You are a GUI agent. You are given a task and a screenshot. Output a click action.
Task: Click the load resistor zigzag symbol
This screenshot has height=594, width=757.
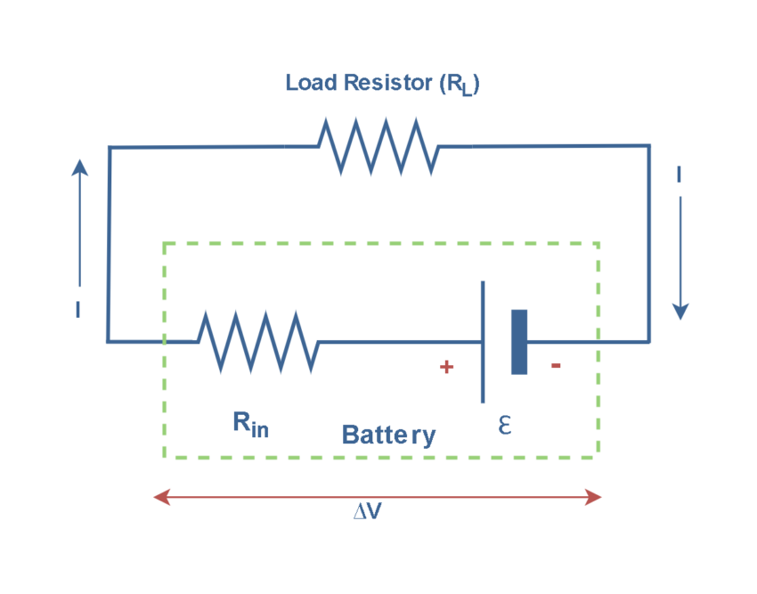tap(378, 146)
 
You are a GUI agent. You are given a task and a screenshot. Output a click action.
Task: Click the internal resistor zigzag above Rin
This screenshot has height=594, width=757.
tap(257, 341)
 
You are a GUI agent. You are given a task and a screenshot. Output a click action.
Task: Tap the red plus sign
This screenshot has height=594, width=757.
tap(447, 367)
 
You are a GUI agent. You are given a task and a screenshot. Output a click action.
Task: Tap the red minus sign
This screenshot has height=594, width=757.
tap(556, 365)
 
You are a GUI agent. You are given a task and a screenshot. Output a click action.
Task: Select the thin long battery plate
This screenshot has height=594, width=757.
tap(483, 341)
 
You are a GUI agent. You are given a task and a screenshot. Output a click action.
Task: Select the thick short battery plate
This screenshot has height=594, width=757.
tap(519, 341)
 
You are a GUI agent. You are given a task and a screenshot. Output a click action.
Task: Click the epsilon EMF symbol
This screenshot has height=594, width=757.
tap(504, 426)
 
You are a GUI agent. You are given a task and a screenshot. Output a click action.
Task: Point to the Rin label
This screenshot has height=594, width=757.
tap(250, 424)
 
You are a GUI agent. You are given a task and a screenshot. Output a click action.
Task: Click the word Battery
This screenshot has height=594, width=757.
tap(389, 435)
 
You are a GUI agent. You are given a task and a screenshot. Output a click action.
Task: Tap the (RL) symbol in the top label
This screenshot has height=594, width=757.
tap(459, 85)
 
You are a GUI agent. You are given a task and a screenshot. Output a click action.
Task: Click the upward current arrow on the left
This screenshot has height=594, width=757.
tap(80, 223)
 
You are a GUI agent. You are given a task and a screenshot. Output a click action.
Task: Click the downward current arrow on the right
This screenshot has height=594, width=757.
tap(680, 258)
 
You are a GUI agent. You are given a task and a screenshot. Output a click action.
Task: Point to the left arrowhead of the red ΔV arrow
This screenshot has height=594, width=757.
tap(161, 497)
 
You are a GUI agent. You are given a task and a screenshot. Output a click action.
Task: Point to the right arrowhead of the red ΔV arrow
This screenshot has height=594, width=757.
tap(594, 497)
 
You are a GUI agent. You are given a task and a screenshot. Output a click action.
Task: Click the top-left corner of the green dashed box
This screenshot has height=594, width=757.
tap(165, 243)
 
